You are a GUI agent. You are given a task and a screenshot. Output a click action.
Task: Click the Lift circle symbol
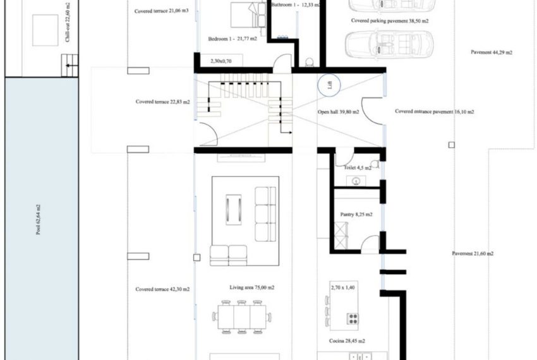[329, 85]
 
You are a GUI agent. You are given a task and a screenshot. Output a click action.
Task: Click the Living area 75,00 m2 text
[251, 287]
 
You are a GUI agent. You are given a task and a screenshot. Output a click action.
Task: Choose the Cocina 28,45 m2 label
[347, 341]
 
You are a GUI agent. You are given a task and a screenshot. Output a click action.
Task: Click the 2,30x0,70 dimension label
[222, 62]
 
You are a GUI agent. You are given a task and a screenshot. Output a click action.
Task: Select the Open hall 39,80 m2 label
[339, 112]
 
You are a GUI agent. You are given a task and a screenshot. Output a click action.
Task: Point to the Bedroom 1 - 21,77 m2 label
[232, 39]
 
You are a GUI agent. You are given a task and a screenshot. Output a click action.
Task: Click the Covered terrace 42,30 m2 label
[162, 289]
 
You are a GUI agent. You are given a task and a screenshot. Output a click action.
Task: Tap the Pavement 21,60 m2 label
[473, 254]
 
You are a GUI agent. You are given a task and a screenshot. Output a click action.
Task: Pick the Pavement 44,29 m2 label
[492, 52]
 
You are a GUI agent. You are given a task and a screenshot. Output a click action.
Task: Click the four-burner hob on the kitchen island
[353, 318]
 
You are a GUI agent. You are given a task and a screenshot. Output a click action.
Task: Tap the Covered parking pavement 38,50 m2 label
[390, 20]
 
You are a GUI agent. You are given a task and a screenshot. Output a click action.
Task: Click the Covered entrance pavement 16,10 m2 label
[435, 112]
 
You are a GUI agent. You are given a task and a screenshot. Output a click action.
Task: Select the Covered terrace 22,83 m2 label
[162, 101]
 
